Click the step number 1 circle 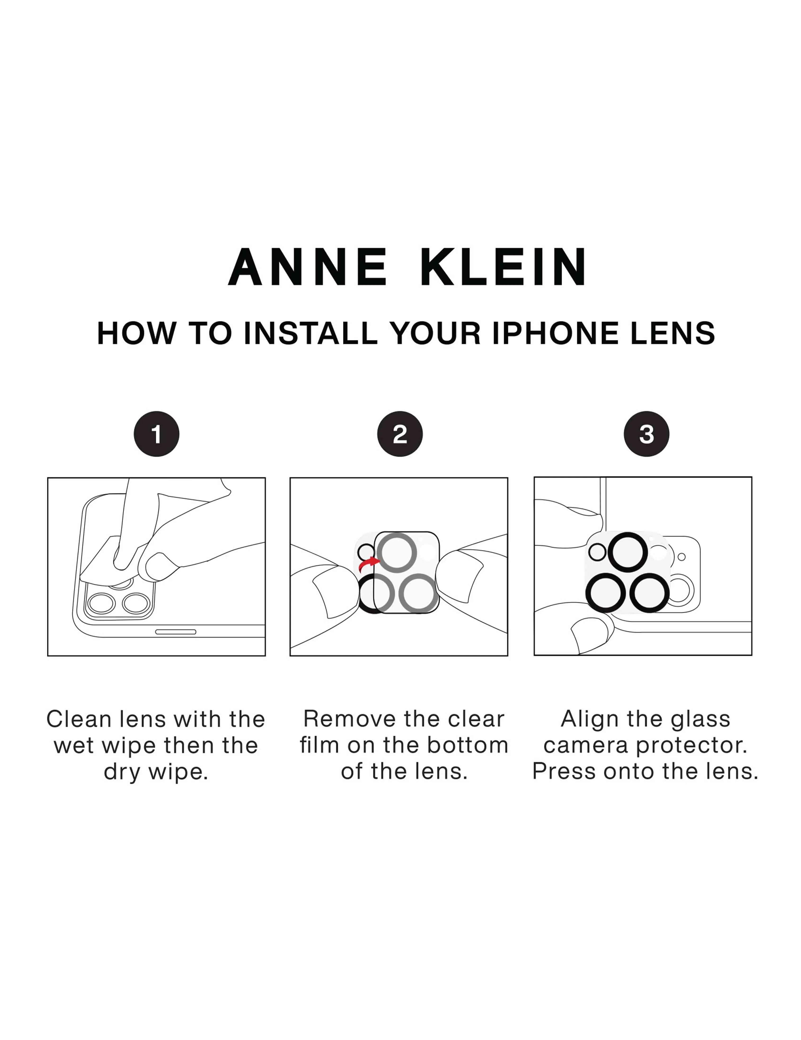pyautogui.click(x=156, y=434)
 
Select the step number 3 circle pyautogui.click(x=646, y=434)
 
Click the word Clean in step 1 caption pyautogui.click(x=79, y=719)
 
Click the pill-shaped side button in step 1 pyautogui.click(x=176, y=632)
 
